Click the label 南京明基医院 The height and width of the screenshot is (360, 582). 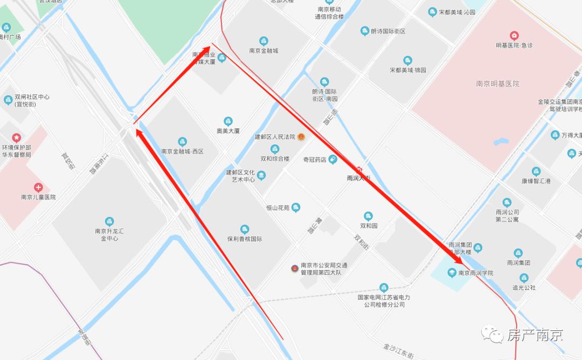click(497, 84)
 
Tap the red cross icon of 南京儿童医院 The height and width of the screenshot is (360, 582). click(38, 188)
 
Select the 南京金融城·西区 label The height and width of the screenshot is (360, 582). click(182, 151)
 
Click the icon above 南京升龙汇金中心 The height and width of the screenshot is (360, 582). click(109, 221)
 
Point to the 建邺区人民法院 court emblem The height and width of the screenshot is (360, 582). click(302, 137)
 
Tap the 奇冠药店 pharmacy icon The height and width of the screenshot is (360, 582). click(332, 159)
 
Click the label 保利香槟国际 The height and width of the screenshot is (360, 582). click(244, 239)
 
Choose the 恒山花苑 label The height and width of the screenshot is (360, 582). click(278, 207)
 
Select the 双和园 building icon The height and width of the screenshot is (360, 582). click(368, 216)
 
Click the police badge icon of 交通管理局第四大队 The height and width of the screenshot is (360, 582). click(294, 268)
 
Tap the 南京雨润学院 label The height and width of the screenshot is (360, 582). click(475, 273)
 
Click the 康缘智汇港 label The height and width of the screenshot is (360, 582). click(536, 181)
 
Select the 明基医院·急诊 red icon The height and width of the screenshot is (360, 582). click(515, 36)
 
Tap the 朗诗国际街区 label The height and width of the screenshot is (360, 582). click(388, 31)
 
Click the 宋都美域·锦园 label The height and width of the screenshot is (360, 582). click(408, 70)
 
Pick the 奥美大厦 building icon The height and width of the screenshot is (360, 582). click(228, 121)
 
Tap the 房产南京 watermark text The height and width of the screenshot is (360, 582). click(535, 336)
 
